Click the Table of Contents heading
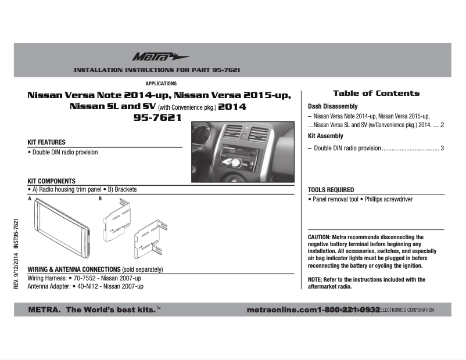[x=376, y=93]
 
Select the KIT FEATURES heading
[x=46, y=142]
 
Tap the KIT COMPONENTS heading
[x=51, y=181]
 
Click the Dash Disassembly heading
[x=332, y=107]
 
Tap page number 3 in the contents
[x=442, y=149]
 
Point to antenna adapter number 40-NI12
[x=88, y=287]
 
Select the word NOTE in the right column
[x=314, y=280]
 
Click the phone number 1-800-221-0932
[x=349, y=310]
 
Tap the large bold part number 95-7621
[x=157, y=117]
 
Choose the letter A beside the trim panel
[x=29, y=199]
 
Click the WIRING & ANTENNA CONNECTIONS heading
[x=74, y=269]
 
